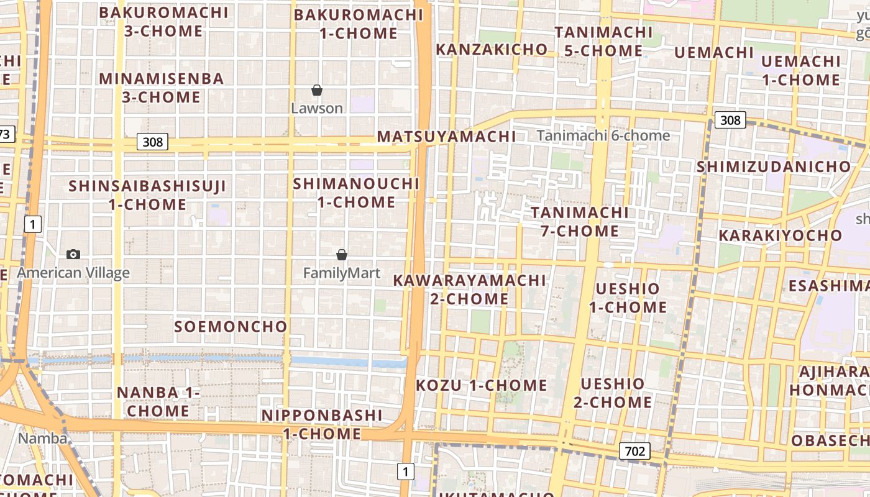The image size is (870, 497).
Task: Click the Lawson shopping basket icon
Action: pyautogui.click(x=317, y=91)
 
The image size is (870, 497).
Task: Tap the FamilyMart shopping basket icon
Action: pyautogui.click(x=341, y=255)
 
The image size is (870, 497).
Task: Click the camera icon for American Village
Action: pyautogui.click(x=73, y=254)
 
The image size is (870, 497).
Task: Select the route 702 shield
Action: pyautogui.click(x=634, y=451)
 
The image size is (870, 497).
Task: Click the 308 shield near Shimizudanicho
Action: pyautogui.click(x=730, y=120)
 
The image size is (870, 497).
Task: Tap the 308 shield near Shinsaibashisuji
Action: pyautogui.click(x=152, y=142)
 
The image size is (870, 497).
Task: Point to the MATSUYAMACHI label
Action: pyautogui.click(x=446, y=137)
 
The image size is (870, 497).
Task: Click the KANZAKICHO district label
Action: pyautogui.click(x=492, y=49)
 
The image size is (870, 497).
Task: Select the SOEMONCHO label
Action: pyautogui.click(x=231, y=327)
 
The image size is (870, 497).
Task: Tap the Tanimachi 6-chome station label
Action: pyautogui.click(x=603, y=135)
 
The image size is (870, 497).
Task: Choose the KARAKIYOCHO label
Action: pyautogui.click(x=780, y=235)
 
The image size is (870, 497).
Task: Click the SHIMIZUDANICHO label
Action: pyautogui.click(x=773, y=166)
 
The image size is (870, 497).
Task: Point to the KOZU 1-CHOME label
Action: pyautogui.click(x=481, y=385)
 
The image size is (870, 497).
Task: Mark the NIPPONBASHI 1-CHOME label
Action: pyautogui.click(x=322, y=424)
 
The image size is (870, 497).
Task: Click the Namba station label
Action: pyautogui.click(x=42, y=439)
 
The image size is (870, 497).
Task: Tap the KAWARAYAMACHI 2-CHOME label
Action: pyautogui.click(x=469, y=290)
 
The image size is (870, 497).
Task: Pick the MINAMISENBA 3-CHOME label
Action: pyautogui.click(x=161, y=88)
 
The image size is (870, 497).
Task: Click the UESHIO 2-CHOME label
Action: pyautogui.click(x=612, y=393)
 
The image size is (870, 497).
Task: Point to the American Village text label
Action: pyautogui.click(x=73, y=273)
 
